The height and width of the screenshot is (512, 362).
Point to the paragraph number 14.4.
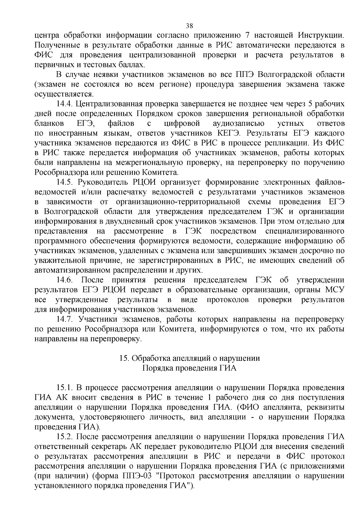coord(65,104)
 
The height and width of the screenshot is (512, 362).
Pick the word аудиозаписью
coord(239,123)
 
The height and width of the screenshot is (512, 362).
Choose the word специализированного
coord(305,231)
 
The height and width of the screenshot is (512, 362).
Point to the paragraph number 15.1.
coord(65,388)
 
